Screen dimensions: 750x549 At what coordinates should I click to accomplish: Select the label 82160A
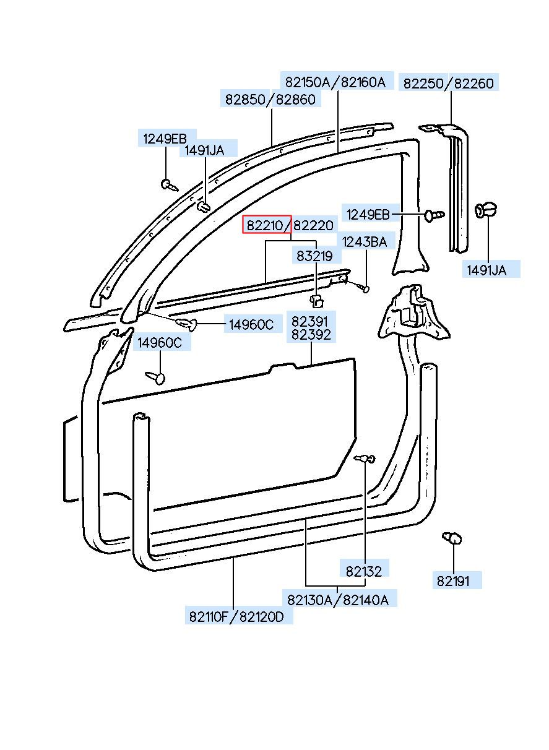(363, 82)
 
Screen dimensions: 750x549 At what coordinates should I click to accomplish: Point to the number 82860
(295, 99)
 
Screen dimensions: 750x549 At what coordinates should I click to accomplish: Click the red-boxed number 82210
(266, 225)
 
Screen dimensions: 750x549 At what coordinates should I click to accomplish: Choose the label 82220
(313, 225)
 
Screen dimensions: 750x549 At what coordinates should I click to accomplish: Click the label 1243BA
(365, 242)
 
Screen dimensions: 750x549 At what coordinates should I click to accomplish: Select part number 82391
(313, 322)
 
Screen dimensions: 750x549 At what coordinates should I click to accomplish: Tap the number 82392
(313, 335)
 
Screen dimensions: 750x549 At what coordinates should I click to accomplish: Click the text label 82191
(453, 581)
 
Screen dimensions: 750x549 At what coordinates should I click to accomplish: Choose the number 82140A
(366, 599)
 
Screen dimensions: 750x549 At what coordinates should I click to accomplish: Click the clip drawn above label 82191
(453, 538)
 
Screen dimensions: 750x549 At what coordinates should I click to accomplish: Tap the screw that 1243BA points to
(363, 288)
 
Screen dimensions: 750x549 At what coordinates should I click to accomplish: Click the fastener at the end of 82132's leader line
(365, 459)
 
